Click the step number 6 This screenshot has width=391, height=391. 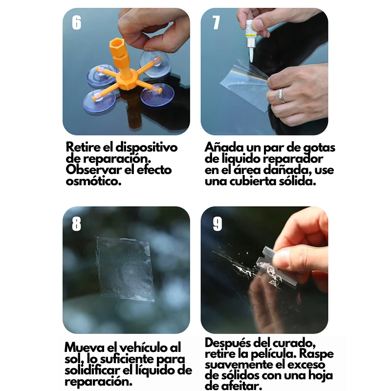click(x=77, y=22)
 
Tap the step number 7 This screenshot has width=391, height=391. click(x=216, y=22)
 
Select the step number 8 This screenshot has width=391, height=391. click(x=77, y=223)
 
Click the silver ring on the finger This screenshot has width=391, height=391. click(x=282, y=95)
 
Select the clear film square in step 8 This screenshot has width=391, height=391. click(x=125, y=268)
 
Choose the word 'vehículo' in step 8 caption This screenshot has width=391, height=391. click(x=139, y=347)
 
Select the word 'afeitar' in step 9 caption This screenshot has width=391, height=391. click(x=234, y=386)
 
